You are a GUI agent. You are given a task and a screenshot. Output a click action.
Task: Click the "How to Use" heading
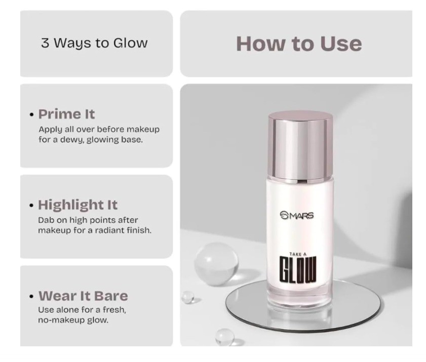pyautogui.click(x=299, y=44)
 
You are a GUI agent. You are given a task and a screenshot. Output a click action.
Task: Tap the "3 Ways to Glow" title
pyautogui.click(x=94, y=44)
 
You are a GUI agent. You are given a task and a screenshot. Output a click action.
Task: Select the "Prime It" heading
pyautogui.click(x=66, y=114)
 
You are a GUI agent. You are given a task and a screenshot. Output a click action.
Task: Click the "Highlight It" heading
pyautogui.click(x=78, y=205)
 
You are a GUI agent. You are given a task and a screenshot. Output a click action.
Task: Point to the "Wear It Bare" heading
pyautogui.click(x=83, y=296)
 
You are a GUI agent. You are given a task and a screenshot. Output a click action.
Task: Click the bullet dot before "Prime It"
pyautogui.click(x=32, y=114)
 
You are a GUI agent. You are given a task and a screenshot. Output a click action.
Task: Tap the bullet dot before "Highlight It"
pyautogui.click(x=32, y=206)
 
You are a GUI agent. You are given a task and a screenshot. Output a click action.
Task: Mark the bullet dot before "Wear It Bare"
pyautogui.click(x=32, y=296)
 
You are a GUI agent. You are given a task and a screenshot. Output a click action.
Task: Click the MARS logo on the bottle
pyautogui.click(x=297, y=215)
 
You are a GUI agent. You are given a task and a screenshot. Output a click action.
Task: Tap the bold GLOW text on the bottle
pyautogui.click(x=298, y=269)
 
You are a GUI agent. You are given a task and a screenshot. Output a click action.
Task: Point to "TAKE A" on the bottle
pyautogui.click(x=298, y=254)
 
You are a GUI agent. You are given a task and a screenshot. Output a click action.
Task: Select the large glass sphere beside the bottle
pyautogui.click(x=216, y=264)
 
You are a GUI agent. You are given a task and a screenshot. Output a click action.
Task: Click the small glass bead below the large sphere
pyautogui.click(x=188, y=297)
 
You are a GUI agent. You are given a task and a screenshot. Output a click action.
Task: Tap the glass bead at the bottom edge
pyautogui.click(x=225, y=337)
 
